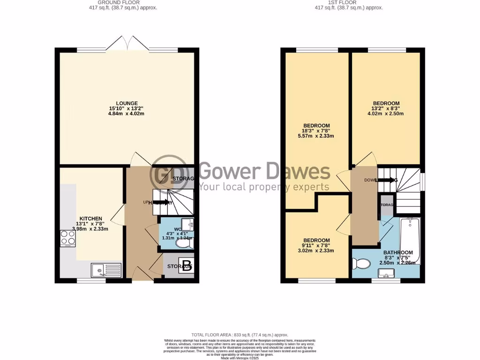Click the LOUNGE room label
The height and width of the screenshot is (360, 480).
click(127, 103)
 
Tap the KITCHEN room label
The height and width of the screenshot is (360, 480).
click(91, 219)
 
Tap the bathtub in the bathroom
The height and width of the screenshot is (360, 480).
click(410, 241)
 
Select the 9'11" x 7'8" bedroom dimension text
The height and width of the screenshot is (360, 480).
click(316, 244)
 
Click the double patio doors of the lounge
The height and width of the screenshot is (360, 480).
click(128, 45)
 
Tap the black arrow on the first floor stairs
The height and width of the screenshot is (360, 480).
click(386, 180)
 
